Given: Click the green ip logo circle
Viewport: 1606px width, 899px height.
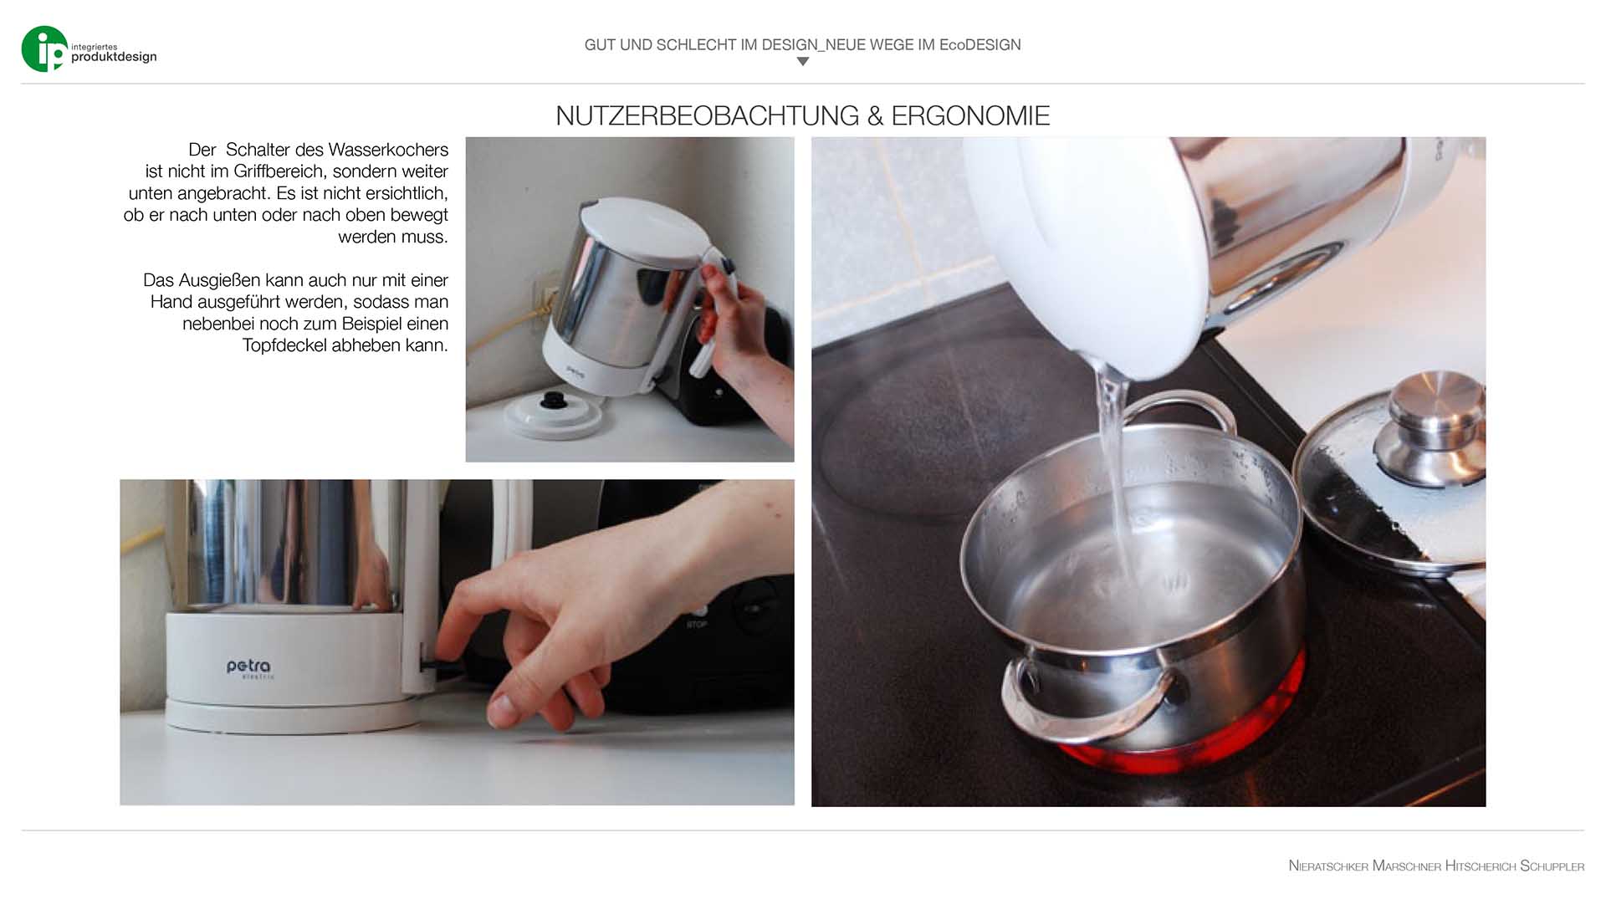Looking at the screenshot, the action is [x=44, y=49].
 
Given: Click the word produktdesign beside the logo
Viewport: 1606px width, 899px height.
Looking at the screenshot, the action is [x=114, y=57].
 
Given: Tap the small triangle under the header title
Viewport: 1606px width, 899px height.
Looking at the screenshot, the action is [x=803, y=61].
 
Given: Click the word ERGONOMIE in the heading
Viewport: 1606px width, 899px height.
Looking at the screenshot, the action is [x=970, y=115].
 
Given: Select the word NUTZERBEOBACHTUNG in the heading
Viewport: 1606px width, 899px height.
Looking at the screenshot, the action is [x=708, y=115].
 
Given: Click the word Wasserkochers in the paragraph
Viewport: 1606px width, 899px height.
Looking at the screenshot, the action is [x=388, y=150].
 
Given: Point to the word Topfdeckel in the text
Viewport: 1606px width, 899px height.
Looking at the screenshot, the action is [x=284, y=345].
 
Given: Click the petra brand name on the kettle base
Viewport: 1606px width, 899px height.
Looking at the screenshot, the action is [x=248, y=667].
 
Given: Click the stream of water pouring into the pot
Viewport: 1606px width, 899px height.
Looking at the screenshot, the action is [x=1117, y=468].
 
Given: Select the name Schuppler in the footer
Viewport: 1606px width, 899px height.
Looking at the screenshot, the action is [x=1552, y=866].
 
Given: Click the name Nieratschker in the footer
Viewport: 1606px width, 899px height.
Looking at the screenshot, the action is [x=1328, y=866].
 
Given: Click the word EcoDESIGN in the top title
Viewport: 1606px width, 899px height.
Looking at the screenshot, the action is [x=980, y=44].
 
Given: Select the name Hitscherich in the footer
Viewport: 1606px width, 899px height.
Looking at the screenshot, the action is [x=1481, y=866].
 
